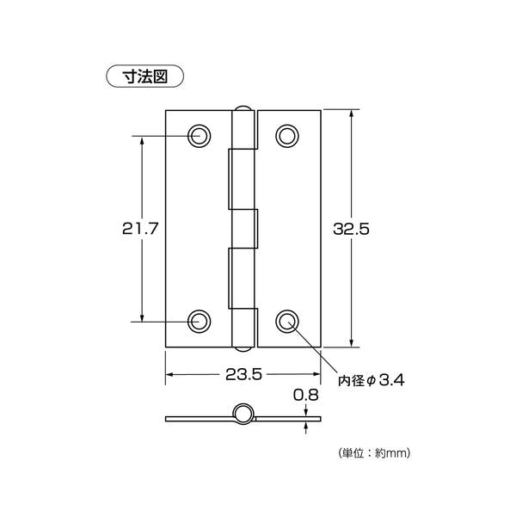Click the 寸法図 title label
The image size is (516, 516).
(144, 77)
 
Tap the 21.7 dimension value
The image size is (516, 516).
(140, 229)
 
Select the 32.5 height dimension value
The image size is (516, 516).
(351, 229)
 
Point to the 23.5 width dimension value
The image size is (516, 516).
(243, 374)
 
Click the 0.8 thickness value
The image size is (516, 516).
(306, 395)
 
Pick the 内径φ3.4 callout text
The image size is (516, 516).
(372, 380)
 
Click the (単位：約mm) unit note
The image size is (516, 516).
(374, 453)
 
